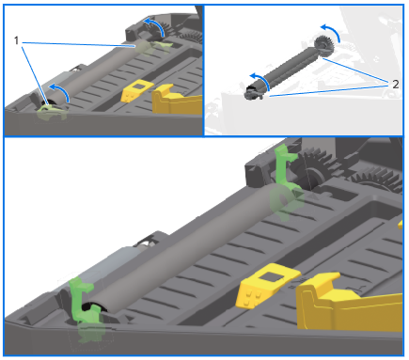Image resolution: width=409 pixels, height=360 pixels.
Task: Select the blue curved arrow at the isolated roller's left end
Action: (255, 79)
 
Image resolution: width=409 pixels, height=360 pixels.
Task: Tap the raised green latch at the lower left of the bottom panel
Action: (83, 298)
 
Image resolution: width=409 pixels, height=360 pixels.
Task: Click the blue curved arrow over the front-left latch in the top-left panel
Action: (57, 89)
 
